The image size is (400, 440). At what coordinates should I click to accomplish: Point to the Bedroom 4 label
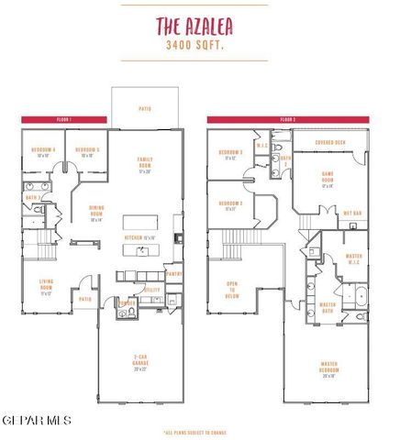[x=42, y=151]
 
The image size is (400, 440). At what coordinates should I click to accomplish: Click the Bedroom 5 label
[x=87, y=151]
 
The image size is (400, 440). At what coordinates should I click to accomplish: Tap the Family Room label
[x=144, y=166]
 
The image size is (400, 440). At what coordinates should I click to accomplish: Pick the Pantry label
[x=174, y=272]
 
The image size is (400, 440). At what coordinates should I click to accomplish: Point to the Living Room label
[x=46, y=286]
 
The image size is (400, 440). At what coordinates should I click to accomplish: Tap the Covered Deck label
[x=329, y=143]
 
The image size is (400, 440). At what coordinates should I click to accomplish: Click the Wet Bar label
[x=351, y=213]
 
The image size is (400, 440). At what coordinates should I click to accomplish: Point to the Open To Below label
[x=232, y=290]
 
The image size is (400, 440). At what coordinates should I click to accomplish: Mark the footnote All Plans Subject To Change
[x=195, y=431]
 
